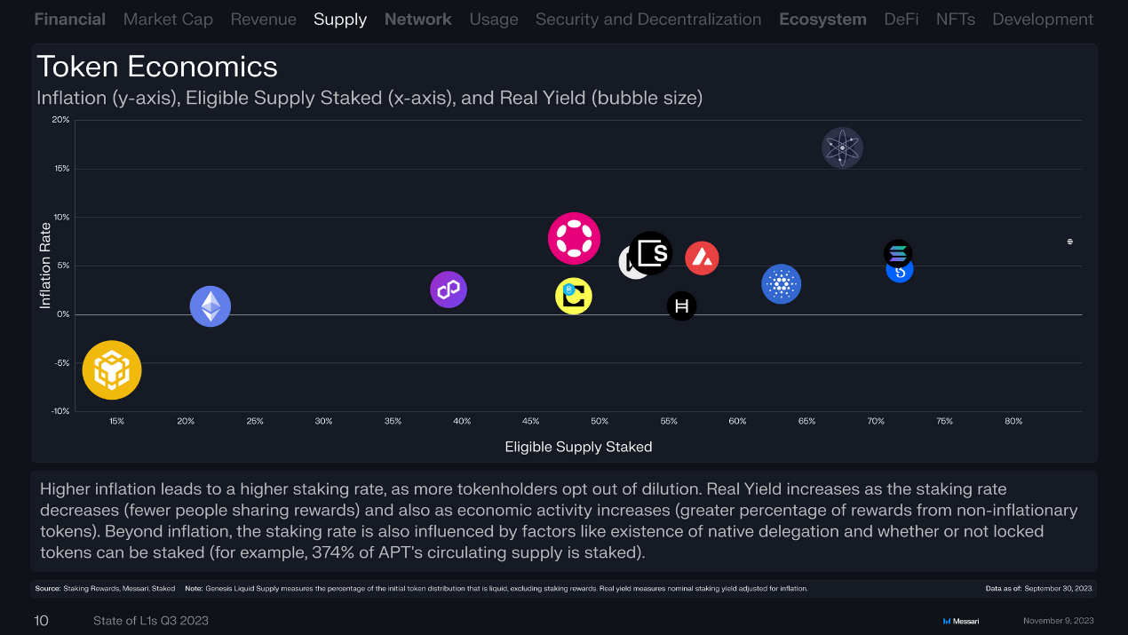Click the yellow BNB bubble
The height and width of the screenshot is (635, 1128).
112,370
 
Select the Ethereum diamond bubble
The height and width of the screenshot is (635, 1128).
211,306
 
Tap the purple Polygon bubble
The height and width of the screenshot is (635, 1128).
449,290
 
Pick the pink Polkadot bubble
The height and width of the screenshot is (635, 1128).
574,238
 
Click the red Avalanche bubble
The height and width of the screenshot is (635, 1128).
702,258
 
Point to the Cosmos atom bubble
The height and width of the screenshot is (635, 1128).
842,147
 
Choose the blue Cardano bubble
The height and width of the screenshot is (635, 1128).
782,284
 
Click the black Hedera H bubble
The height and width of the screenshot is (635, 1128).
682,306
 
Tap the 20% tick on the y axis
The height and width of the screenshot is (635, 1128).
60,120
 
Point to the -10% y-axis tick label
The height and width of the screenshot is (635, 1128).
59,411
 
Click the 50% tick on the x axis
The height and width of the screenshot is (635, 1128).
600,421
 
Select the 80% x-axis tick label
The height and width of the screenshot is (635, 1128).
1013,421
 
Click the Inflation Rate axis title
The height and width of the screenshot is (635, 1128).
45,266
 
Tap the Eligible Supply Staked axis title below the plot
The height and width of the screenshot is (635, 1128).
578,447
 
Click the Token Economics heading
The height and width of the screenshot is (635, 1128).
157,67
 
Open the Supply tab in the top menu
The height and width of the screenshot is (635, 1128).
340,20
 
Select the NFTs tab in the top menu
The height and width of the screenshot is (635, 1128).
956,20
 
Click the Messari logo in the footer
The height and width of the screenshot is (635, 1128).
961,621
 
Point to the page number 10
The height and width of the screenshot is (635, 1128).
42,621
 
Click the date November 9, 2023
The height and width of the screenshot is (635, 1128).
1058,621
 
